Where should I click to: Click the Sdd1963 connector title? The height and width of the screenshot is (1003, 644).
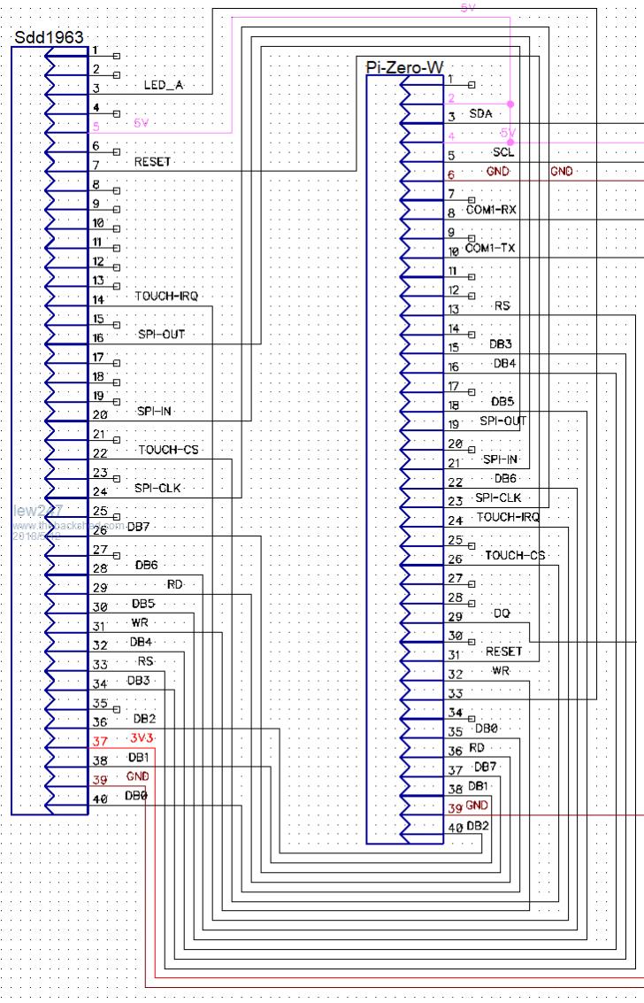(49, 37)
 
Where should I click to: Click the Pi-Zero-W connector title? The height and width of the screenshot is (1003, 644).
(404, 67)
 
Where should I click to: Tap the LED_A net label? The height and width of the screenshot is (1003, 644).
(163, 86)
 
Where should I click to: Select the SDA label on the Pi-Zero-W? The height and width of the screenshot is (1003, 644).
(480, 114)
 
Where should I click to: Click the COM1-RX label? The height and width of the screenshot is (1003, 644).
(491, 210)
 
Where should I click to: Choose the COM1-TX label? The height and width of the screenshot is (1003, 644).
(490, 248)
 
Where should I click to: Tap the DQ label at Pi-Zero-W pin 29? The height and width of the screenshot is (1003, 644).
(502, 613)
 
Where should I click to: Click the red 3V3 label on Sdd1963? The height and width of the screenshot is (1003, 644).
(141, 737)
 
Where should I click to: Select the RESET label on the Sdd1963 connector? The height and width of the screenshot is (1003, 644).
(152, 162)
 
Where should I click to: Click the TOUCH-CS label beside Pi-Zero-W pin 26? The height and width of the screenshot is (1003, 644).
(515, 555)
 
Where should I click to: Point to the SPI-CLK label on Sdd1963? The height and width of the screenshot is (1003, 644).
(158, 488)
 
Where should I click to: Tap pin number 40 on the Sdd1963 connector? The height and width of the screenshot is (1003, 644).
(100, 799)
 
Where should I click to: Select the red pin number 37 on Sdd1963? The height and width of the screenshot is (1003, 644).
(100, 741)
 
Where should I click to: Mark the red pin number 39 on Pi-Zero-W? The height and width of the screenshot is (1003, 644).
(455, 807)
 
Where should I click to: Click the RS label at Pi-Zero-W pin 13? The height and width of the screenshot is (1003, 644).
(502, 306)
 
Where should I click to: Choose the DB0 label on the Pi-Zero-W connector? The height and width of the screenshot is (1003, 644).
(487, 729)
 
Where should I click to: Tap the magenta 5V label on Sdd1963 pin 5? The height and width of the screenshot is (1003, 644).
(141, 123)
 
